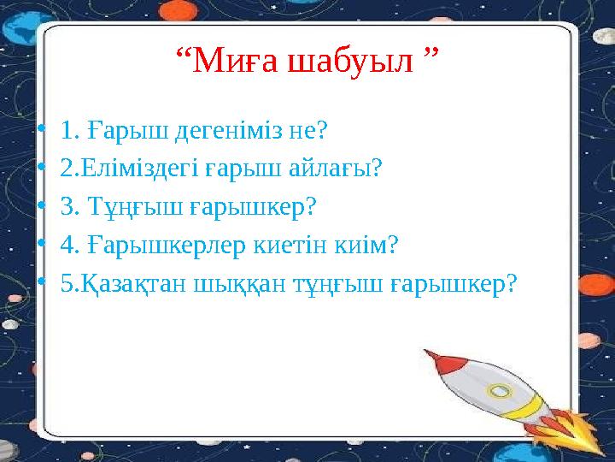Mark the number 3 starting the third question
click(67, 207)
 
